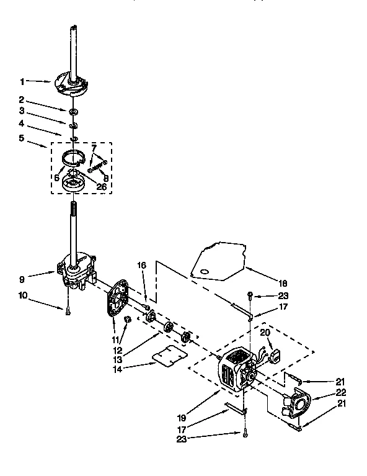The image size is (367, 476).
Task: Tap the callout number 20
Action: tap(265, 333)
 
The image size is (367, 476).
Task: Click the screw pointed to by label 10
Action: tap(68, 312)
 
